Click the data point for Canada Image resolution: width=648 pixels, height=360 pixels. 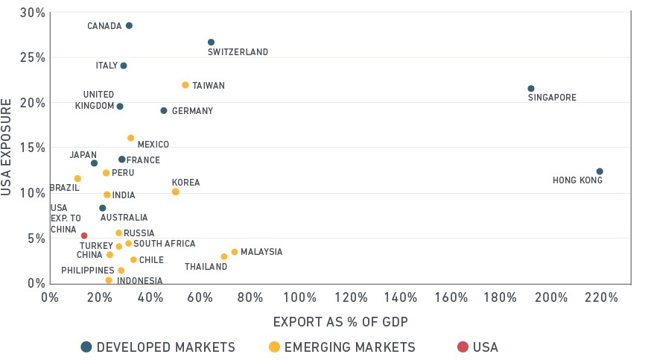tap(129, 25)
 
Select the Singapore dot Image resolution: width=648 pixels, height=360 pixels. tap(531, 89)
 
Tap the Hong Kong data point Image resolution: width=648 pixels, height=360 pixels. tap(600, 171)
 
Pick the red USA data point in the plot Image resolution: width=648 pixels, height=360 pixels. tap(84, 236)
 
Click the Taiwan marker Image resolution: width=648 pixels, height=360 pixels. tap(185, 85)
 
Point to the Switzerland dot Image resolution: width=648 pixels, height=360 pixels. tap(212, 42)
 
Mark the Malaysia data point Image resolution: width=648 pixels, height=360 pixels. tap(235, 252)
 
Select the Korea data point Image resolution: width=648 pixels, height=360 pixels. tap(175, 192)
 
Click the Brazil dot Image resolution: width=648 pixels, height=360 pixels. tap(77, 179)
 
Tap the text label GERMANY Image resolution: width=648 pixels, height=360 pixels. tap(193, 111)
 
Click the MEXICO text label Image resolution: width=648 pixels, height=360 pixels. tap(153, 145)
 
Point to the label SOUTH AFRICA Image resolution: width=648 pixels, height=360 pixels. tap(165, 244)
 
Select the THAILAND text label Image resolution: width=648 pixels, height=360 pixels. tap(206, 267)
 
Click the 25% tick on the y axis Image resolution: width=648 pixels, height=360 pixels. tap(33, 57)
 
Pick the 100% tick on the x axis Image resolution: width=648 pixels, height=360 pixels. tap(300, 297)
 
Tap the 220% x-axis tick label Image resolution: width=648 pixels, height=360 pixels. tap(601, 297)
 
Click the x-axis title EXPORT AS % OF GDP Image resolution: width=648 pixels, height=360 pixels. tap(340, 321)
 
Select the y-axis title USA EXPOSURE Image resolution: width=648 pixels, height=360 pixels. tap(6, 147)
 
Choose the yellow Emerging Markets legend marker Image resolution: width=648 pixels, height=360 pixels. tap(274, 347)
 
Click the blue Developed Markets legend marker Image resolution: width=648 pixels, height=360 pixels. tap(86, 347)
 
